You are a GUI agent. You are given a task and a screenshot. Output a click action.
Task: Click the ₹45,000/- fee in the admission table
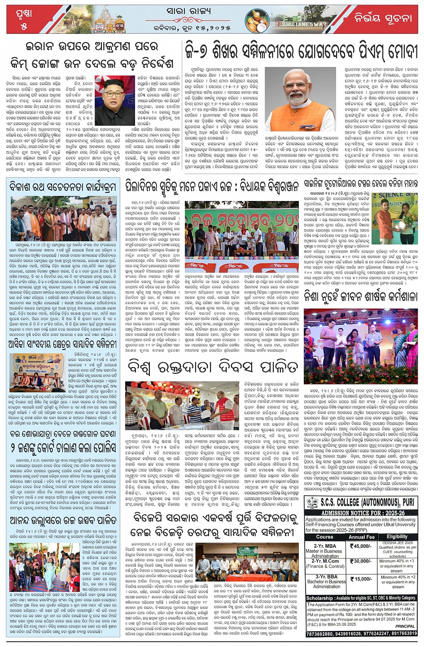(x=361, y=546)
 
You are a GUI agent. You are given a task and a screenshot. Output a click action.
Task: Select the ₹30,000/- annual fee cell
(x=361, y=561)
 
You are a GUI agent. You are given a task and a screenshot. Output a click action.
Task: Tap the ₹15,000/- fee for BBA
(x=361, y=579)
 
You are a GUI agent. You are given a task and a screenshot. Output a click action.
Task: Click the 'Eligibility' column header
(x=397, y=537)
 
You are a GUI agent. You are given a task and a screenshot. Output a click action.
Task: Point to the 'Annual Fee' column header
(x=361, y=537)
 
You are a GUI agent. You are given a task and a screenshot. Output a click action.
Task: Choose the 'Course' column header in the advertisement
(x=324, y=537)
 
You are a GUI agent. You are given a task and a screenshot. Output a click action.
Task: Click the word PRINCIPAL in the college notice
(x=405, y=626)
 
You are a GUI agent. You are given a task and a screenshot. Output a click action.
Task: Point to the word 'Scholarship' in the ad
(x=319, y=598)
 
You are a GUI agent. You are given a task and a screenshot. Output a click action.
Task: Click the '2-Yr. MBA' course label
(x=325, y=546)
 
